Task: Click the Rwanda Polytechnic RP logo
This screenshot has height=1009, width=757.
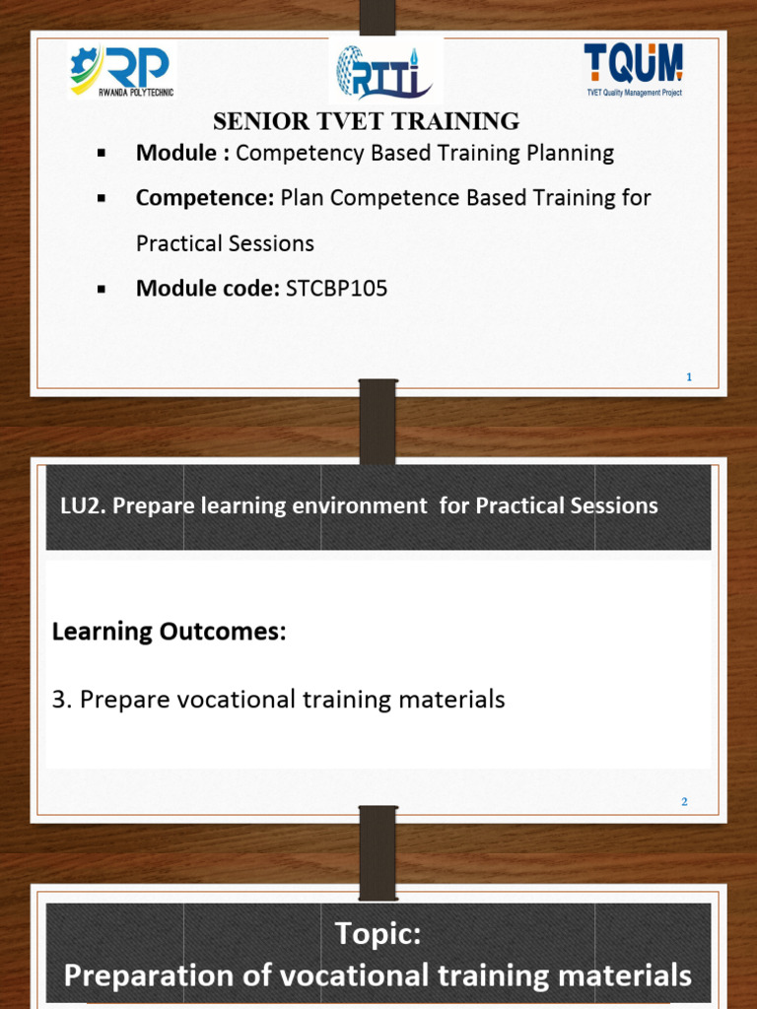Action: [x=121, y=71]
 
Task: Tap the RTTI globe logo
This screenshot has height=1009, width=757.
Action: [x=385, y=72]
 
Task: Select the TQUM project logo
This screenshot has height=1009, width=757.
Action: [x=632, y=69]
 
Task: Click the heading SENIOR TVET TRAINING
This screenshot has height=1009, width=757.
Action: [x=367, y=121]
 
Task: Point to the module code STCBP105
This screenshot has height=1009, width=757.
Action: [x=336, y=288]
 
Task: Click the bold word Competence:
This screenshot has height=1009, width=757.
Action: [x=205, y=197]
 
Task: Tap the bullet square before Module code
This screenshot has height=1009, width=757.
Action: [x=102, y=289]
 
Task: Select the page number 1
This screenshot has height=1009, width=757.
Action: [x=689, y=376]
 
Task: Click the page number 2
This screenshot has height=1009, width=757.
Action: [x=684, y=802]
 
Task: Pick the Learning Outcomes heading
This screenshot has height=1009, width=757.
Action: [x=169, y=631]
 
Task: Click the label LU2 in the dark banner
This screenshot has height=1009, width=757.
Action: [x=82, y=505]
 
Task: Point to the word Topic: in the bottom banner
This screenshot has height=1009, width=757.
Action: [x=378, y=932]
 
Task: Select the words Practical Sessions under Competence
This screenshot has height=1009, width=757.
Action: [x=225, y=242]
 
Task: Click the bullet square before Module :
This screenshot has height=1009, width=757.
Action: [x=102, y=154]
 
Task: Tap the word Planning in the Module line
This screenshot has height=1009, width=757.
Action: [x=571, y=153]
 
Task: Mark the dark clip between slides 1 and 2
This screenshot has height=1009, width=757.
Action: [x=377, y=422]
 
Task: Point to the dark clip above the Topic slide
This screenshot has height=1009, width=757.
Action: [x=377, y=853]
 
